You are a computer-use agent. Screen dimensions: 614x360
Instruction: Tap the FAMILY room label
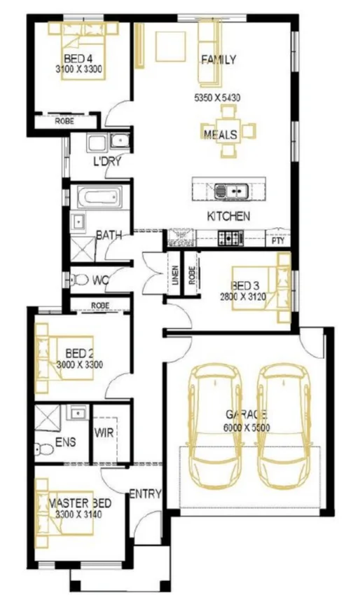pos(218,60)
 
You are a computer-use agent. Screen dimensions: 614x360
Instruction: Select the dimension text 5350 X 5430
pos(217,98)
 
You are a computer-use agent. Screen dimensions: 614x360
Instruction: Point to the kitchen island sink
pos(229,189)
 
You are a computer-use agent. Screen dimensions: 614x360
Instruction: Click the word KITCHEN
pos(228,217)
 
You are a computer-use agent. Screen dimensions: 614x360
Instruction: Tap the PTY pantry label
pos(278,240)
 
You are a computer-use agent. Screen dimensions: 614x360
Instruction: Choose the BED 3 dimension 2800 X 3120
pos(251,297)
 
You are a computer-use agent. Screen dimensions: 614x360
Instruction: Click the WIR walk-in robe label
pos(104,432)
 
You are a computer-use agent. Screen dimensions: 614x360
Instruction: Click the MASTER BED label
pos(80,504)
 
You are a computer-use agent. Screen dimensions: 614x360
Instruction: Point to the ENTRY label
pos(145,494)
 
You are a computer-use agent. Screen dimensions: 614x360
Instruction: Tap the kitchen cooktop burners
pos(229,238)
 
